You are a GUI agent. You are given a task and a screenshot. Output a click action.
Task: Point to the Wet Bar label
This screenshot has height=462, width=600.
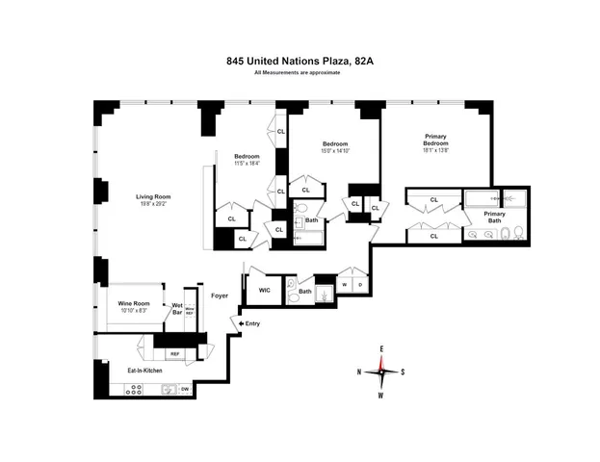click(x=177, y=309)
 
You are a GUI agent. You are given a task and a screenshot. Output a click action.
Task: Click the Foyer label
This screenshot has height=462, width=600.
click(x=220, y=295)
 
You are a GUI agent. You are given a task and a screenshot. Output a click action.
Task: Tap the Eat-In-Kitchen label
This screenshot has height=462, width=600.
click(x=142, y=370)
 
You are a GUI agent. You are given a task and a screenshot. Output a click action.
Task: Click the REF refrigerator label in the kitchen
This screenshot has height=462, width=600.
click(x=175, y=354)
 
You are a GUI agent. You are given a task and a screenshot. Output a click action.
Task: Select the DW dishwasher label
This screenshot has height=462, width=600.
click(x=184, y=389)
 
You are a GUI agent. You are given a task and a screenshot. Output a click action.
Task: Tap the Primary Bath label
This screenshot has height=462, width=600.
click(x=494, y=217)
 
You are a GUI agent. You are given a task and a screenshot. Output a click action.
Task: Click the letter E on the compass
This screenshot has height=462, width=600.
click(x=382, y=347)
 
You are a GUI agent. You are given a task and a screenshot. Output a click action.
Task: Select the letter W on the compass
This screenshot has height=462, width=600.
click(x=382, y=395)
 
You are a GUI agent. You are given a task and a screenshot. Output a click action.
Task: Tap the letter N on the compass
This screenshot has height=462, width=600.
click(x=359, y=372)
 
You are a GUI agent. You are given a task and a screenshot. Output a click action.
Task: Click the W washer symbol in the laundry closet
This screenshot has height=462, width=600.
click(x=344, y=285)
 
